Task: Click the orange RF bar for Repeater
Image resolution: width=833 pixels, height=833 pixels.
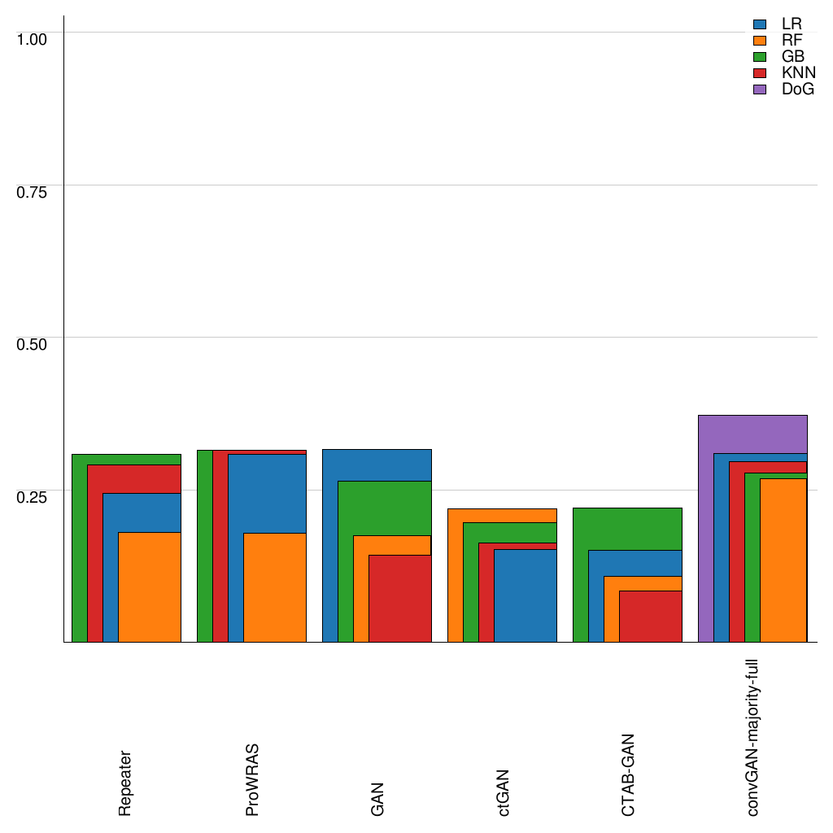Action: (x=150, y=587)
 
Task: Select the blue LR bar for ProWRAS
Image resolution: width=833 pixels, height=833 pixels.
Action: (x=267, y=493)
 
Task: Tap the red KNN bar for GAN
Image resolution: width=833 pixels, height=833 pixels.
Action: (x=399, y=598)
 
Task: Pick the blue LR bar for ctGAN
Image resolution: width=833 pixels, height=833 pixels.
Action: (x=526, y=595)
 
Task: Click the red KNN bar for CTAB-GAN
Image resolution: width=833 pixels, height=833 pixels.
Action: (x=650, y=616)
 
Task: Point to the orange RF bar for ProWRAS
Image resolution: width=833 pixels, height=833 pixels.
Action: (x=275, y=587)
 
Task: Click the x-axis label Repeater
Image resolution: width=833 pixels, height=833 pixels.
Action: (x=124, y=783)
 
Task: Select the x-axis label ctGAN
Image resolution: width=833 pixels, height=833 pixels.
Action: (x=504, y=792)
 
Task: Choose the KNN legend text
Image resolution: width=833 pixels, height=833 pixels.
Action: (x=798, y=73)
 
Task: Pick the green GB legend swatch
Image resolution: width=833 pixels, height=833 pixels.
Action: (x=761, y=57)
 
